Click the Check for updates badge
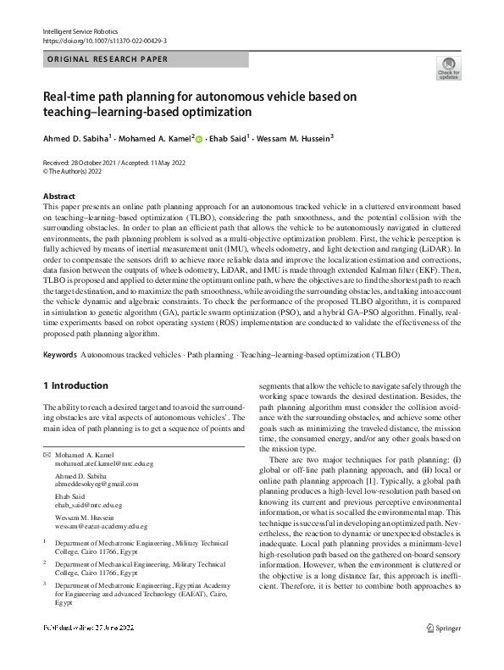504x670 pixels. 448,69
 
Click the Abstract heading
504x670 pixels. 59,196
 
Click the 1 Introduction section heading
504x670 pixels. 75,385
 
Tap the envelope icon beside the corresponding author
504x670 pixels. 47,455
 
